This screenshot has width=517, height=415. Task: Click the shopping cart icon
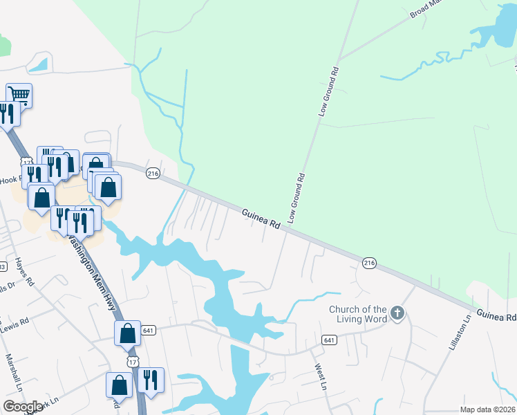click(19, 94)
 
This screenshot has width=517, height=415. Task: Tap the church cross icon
click(397, 313)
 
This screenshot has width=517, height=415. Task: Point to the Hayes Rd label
click(23, 273)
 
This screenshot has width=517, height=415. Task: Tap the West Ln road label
click(320, 377)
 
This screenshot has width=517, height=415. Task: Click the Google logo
click(23, 407)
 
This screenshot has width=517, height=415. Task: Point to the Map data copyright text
click(487, 409)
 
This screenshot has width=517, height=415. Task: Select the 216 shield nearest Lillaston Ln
click(368, 262)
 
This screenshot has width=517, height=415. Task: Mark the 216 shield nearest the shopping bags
click(153, 174)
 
